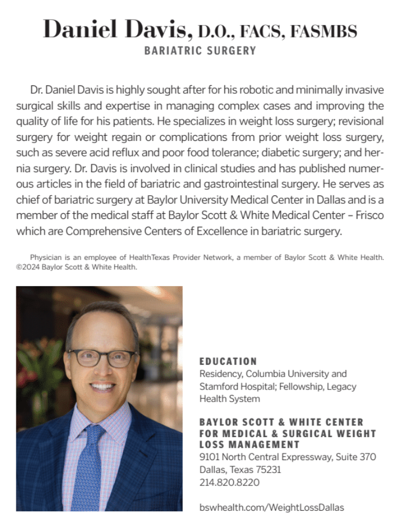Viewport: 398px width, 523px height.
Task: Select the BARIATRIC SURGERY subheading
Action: click(200, 51)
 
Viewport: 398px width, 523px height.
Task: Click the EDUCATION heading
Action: click(228, 361)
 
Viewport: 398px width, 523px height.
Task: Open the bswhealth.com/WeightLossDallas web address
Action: click(272, 507)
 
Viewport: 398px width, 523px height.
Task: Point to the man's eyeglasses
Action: click(101, 358)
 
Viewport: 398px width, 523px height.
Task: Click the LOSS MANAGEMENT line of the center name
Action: click(250, 445)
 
